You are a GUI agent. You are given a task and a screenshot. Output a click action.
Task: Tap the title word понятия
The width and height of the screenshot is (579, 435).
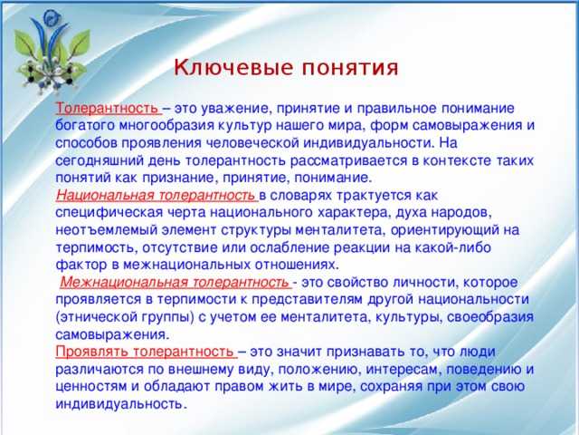pyautogui.click(x=350, y=69)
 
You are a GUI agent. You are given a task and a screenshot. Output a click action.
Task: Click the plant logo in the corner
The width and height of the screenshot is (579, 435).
pyautogui.click(x=52, y=51)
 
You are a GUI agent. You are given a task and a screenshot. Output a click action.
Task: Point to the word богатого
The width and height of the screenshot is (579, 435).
pyautogui.click(x=85, y=126)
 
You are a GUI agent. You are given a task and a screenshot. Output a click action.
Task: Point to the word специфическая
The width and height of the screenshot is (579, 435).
pyautogui.click(x=109, y=213)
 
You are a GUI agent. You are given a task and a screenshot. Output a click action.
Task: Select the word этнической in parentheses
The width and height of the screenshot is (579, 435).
pyautogui.click(x=97, y=317)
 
